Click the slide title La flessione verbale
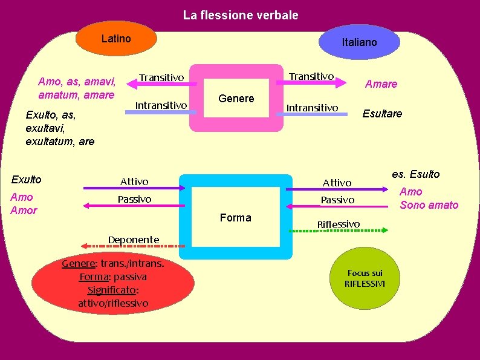241,15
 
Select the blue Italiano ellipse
359,42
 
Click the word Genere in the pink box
236,99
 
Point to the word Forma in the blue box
236,218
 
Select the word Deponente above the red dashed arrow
133,240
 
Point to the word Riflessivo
339,224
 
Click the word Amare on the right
381,84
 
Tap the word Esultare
382,114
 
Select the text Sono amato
429,205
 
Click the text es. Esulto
416,174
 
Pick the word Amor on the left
24,211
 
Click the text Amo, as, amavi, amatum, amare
77,88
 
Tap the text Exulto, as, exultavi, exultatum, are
60,128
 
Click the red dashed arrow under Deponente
133,246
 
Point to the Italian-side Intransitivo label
312,108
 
